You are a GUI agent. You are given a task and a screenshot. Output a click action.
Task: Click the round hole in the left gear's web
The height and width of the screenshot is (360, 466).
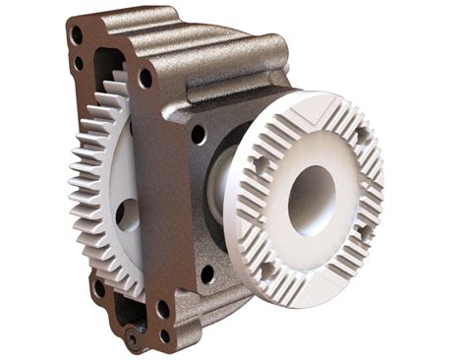point(122,213)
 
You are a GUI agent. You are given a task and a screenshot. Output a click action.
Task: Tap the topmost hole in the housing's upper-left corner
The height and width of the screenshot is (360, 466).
point(77,34)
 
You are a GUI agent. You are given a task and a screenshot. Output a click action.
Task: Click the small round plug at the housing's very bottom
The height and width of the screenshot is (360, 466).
point(131,339)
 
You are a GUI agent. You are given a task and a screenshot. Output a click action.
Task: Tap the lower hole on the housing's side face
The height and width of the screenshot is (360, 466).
point(206,272)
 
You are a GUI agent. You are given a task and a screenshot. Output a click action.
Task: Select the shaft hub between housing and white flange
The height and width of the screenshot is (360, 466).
point(221,187)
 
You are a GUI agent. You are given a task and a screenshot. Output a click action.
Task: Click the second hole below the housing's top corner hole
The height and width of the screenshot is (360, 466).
point(79,64)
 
